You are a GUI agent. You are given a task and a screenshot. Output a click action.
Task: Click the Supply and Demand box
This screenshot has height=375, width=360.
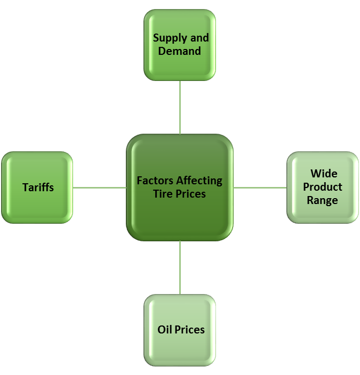tap(180, 45)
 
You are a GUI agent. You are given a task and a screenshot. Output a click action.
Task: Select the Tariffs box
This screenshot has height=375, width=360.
tap(37, 187)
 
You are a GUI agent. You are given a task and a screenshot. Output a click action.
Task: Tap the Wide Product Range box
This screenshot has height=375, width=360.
tap(323, 187)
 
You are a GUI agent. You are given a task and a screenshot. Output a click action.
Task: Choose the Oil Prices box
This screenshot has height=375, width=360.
tap(180, 330)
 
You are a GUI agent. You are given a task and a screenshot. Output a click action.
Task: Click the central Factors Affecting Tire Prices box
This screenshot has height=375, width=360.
tap(180, 187)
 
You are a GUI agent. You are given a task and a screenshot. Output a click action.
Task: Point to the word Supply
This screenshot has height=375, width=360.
tap(170, 38)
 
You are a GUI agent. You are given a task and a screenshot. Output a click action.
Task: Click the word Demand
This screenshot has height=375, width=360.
tap(180, 52)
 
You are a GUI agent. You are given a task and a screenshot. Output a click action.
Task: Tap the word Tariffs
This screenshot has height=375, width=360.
tap(38, 187)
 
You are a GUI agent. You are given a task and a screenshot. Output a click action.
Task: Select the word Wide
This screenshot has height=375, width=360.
tap(324, 174)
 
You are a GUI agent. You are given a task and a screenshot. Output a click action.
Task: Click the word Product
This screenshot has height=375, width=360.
tap(323, 187)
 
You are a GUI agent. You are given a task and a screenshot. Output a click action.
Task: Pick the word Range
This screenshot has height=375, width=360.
tap(322, 201)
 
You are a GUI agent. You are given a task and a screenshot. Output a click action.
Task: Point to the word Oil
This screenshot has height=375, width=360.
tap(164, 330)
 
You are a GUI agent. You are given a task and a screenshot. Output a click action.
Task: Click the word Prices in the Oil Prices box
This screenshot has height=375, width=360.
tap(189, 330)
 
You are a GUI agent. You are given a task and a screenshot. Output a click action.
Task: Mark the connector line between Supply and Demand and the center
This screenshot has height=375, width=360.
tap(180, 107)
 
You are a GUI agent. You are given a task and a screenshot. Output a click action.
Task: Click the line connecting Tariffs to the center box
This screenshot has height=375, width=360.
tap(99, 187)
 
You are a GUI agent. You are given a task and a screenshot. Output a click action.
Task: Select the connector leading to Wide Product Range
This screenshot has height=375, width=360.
tap(260, 187)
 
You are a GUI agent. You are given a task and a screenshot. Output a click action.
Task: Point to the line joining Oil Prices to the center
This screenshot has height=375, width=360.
tap(180, 267)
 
